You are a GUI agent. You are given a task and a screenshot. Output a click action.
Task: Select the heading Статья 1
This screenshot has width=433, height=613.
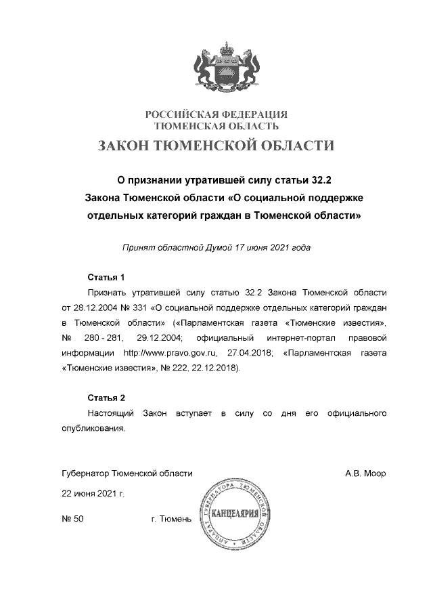[x=106, y=278]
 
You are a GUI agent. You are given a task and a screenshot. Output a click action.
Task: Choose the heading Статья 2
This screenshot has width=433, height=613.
[x=106, y=398]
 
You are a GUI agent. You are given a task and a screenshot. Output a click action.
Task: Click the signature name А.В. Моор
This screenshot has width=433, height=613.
[x=365, y=473]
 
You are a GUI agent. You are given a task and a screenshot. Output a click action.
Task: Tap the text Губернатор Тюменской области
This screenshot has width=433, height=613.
[x=127, y=473]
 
